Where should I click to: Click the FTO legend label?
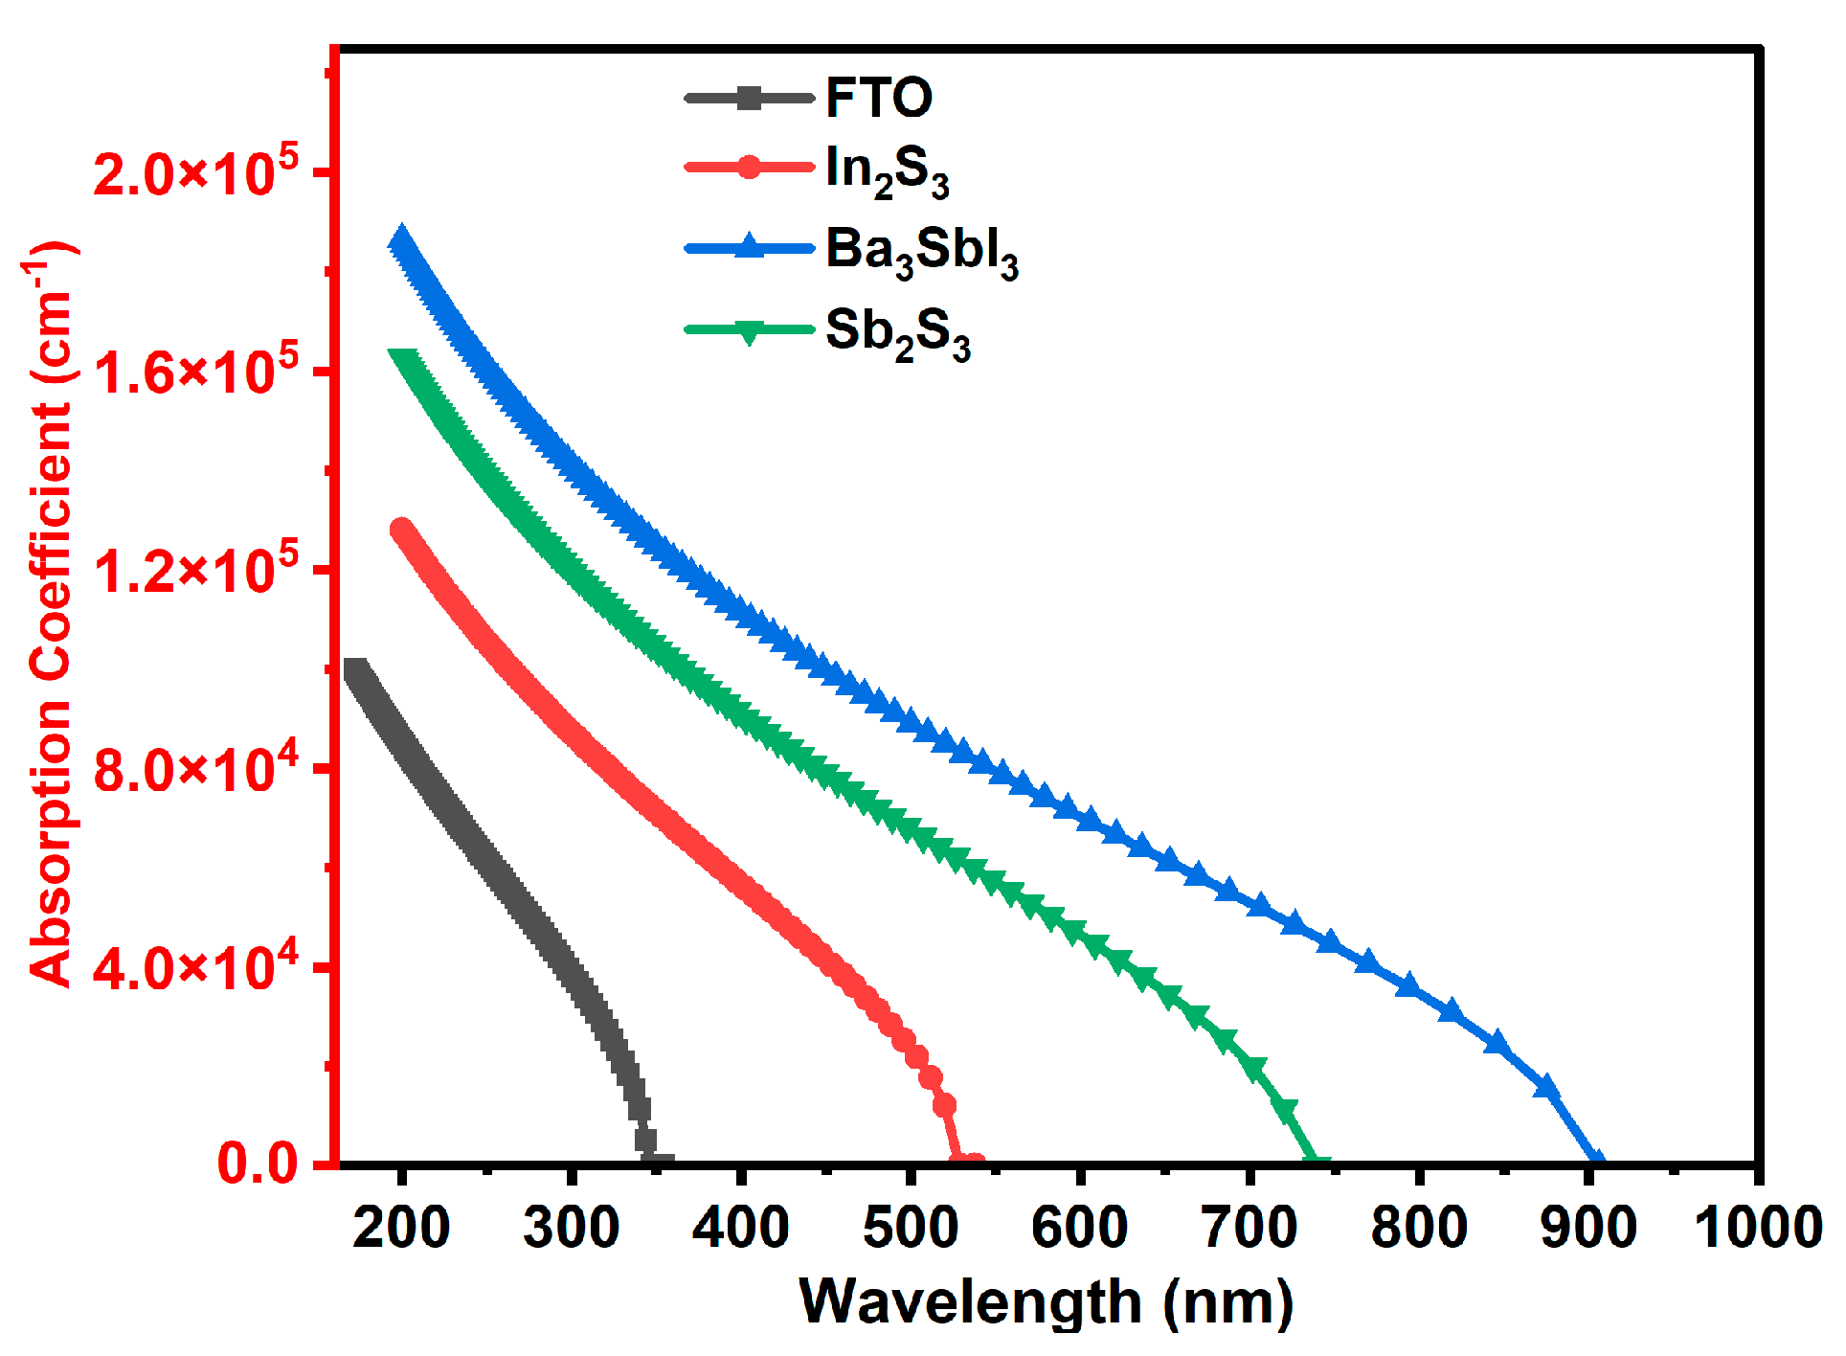click(878, 98)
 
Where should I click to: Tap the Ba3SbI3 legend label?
click(921, 251)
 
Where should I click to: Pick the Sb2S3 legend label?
click(897, 332)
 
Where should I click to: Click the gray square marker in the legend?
click(750, 98)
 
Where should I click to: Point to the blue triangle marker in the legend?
click(750, 248)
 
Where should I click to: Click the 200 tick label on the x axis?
click(401, 1227)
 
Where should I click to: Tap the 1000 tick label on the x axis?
click(1758, 1227)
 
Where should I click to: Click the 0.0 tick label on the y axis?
click(258, 1164)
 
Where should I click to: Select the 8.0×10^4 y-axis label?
click(196, 769)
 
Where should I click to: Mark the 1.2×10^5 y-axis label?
click(196, 571)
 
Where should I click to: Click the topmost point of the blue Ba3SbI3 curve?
click(400, 239)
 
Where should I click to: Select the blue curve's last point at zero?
click(1595, 1162)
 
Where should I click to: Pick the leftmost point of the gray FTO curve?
click(354, 670)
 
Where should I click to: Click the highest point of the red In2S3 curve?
click(401, 531)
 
